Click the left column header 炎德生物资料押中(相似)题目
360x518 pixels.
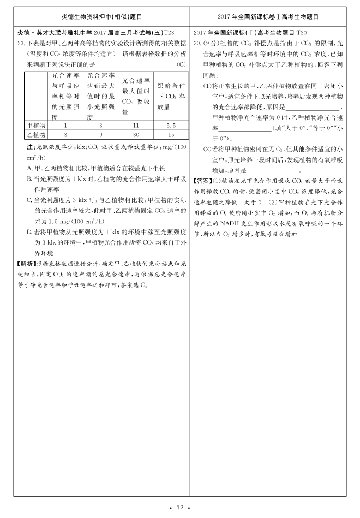(x=102, y=17)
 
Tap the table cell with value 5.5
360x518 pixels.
(x=171, y=125)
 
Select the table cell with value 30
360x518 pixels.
(x=136, y=134)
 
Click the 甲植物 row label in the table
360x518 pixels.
(x=37, y=125)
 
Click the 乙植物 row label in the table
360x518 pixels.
(x=37, y=134)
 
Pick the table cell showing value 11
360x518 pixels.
(x=136, y=125)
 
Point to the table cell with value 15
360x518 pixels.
(x=171, y=134)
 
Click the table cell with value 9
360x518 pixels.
(x=100, y=134)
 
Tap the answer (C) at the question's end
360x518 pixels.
(x=182, y=64)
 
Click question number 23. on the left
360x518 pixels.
(x=21, y=41)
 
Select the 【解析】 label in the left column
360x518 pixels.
(x=26, y=263)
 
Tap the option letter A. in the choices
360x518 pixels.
(x=30, y=168)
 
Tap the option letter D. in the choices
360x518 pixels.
(x=30, y=231)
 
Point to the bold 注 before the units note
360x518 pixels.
(x=30, y=147)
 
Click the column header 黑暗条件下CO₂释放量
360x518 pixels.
(x=171, y=97)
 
